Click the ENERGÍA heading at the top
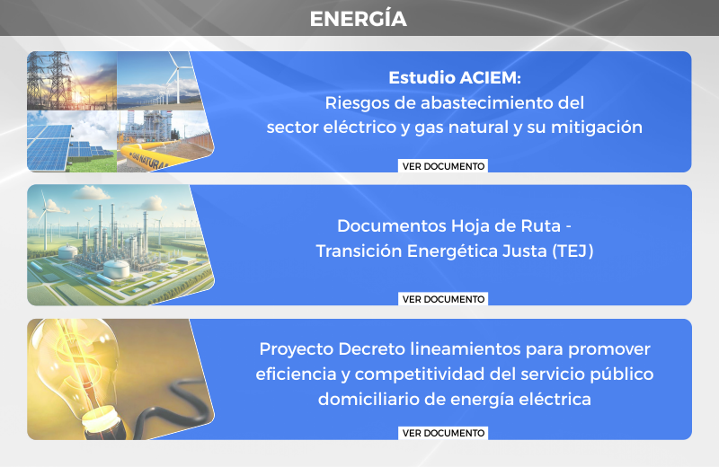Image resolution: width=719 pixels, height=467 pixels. (x=358, y=19)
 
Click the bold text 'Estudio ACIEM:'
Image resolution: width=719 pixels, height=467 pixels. (x=455, y=78)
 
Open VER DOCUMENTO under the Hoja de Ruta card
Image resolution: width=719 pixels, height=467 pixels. (x=443, y=299)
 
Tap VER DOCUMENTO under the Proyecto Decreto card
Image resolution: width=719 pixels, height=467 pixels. (x=443, y=433)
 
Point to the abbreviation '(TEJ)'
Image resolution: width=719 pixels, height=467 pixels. (x=573, y=251)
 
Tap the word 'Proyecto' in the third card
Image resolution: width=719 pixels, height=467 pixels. (x=297, y=349)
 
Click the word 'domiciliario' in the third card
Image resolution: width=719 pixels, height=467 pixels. (x=368, y=399)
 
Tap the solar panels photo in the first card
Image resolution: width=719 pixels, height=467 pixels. (x=72, y=141)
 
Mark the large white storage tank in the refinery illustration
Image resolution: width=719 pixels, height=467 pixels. (x=116, y=269)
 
